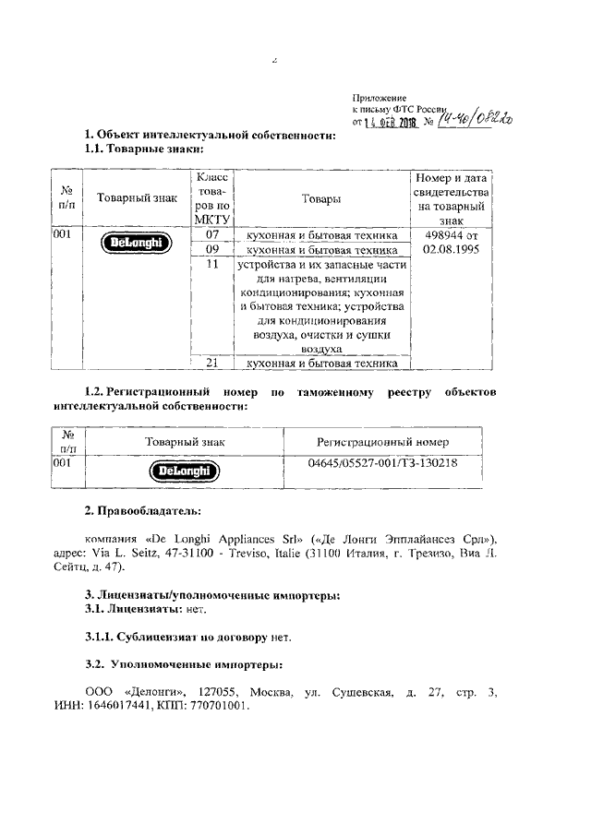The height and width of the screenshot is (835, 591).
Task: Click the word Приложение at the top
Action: pyautogui.click(x=380, y=97)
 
